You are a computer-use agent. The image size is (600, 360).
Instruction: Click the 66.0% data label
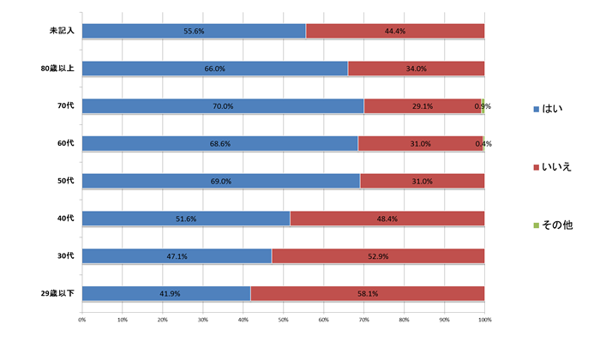214,69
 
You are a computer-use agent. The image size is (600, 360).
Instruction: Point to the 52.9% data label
378,256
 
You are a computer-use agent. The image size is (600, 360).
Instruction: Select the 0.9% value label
483,106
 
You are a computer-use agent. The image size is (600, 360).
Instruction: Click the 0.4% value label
483,144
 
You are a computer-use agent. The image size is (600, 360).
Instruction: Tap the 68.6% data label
221,144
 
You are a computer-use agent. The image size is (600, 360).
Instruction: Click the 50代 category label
65,181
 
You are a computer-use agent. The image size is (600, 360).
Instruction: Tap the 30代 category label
65,256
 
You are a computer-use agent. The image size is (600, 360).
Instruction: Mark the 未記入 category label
62,31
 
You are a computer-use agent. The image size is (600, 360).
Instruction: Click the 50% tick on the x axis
283,320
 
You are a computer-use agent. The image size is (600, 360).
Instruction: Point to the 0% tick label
81,320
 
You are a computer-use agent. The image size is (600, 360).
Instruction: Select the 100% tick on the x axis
484,320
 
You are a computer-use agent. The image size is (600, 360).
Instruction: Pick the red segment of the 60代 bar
420,144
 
